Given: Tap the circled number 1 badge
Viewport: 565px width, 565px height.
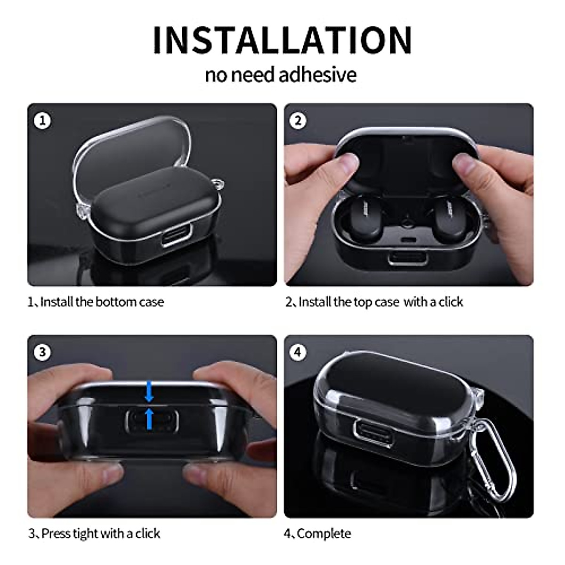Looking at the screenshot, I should point(42,121).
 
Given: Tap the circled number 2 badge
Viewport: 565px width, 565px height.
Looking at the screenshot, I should point(298,121).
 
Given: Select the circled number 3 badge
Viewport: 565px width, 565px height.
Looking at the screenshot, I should point(42,352).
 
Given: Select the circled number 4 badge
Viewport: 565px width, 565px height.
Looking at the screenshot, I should point(298,352).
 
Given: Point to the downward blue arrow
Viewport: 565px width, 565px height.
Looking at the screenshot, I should point(149,390).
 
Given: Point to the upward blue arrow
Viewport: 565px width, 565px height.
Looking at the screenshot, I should point(149,419).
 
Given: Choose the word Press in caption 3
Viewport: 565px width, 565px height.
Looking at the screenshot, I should point(56,533).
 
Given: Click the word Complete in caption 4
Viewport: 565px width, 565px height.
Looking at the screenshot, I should point(324,533).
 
